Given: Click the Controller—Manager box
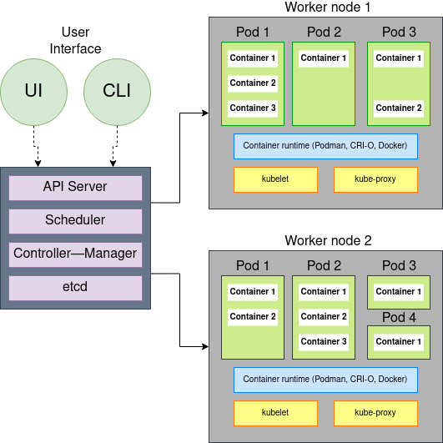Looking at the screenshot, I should [75, 254].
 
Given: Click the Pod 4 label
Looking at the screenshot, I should [399, 318].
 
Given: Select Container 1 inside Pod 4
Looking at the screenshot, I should [399, 341].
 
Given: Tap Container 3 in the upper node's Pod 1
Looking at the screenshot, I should [253, 108].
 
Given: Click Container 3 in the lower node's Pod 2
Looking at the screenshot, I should [324, 341].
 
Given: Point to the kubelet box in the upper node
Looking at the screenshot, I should [275, 179].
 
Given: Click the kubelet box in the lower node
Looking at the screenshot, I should [275, 413].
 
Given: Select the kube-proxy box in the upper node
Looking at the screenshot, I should [375, 179].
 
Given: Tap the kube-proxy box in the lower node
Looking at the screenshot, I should [375, 413].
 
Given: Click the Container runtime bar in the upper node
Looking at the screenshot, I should [325, 146].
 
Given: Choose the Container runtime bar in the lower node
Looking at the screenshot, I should [325, 380].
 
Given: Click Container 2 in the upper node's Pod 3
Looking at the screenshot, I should [399, 108].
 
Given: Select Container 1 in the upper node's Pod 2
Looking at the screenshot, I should [324, 58].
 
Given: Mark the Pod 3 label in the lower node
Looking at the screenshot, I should [399, 266].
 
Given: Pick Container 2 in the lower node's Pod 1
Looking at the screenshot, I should [253, 316].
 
